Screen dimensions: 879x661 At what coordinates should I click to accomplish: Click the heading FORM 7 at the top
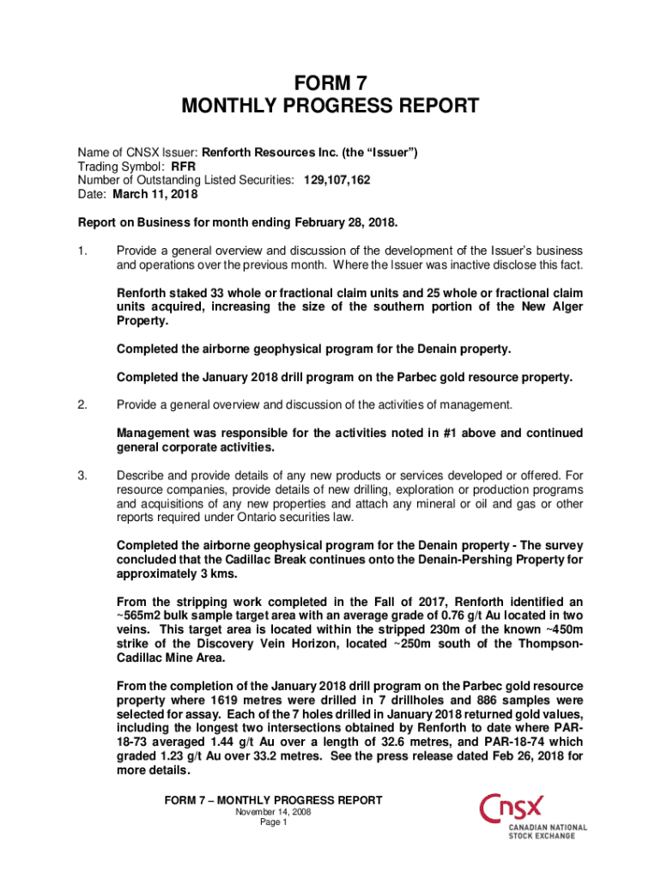(330, 83)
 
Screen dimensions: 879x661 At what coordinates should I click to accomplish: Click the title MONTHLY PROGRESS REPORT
(330, 107)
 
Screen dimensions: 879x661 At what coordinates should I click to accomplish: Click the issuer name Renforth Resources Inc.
(271, 153)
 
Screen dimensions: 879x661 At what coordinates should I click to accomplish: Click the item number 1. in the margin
(82, 251)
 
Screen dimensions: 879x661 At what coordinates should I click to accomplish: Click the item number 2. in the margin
(82, 404)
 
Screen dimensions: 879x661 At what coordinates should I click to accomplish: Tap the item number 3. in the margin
(82, 475)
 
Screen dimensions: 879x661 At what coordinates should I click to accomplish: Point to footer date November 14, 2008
(273, 811)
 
